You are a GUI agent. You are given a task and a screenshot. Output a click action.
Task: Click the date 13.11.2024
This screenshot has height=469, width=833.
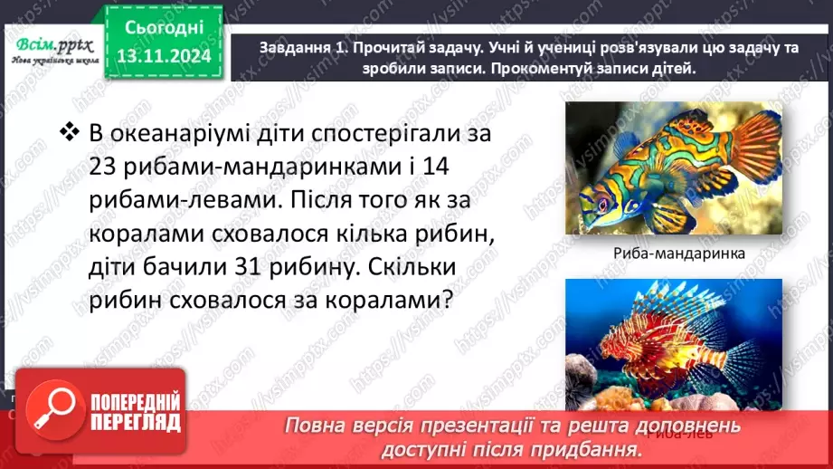(163, 56)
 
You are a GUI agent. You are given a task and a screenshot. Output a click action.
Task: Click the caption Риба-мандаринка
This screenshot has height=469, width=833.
(672, 254)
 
